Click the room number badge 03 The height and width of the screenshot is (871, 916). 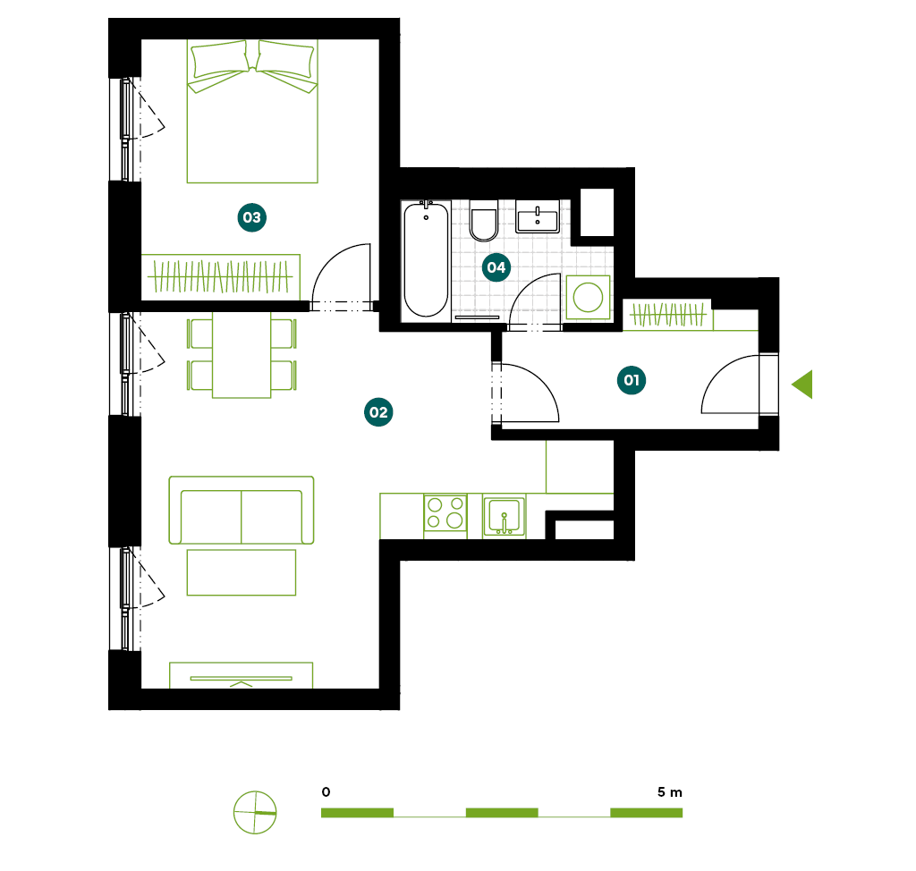[251, 217]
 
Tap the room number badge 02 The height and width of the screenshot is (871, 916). [378, 412]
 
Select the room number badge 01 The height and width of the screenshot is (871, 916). [632, 380]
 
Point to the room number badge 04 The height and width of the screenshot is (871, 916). [496, 267]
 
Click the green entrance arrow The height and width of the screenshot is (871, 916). [802, 385]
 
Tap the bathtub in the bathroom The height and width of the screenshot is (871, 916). [426, 259]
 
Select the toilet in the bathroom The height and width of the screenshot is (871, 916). [484, 220]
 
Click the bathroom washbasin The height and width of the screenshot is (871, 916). [538, 216]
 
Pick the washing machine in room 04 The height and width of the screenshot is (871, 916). [588, 298]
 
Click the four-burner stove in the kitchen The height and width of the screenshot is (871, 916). [445, 512]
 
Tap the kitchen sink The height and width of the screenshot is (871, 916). [505, 516]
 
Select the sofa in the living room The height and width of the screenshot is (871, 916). [242, 510]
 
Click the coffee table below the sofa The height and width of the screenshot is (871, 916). [242, 572]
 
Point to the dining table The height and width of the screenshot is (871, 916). [242, 355]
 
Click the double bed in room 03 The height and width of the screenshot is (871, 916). [252, 111]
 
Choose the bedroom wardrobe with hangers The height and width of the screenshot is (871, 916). [221, 277]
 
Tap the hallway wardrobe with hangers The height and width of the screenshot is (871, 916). [667, 315]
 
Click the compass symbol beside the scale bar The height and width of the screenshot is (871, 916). [255, 813]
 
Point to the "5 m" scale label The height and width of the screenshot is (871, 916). [669, 792]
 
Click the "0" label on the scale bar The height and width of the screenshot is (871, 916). [326, 792]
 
